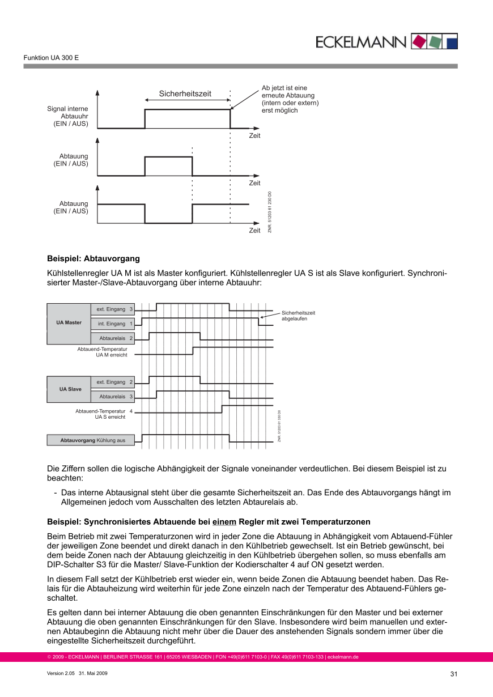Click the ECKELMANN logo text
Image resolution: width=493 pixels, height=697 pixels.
pos(361,42)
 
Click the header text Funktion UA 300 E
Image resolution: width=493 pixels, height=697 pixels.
pos(51,58)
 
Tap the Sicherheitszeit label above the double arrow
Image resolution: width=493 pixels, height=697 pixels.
pos(185,93)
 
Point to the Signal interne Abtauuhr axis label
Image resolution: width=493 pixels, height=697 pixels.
pos(67,116)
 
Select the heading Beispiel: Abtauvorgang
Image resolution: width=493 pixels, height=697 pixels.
pos(93,258)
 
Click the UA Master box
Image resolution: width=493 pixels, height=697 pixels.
pos(69,323)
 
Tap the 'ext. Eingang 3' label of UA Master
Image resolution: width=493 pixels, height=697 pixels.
pos(114,309)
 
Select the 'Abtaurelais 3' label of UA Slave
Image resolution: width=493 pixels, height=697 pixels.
pos(116,397)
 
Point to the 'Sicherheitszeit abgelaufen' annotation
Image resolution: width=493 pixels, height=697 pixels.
pos(298,316)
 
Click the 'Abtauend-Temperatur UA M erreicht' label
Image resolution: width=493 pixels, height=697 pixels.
pos(103,352)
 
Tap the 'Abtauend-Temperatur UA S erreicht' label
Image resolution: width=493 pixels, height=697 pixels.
pos(101,414)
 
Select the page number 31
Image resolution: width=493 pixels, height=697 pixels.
pos(453,674)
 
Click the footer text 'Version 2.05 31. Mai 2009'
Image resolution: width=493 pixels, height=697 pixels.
pos(77,673)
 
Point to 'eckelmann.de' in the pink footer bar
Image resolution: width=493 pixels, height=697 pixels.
pos(343,657)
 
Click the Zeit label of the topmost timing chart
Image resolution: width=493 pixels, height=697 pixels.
pos(254,136)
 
